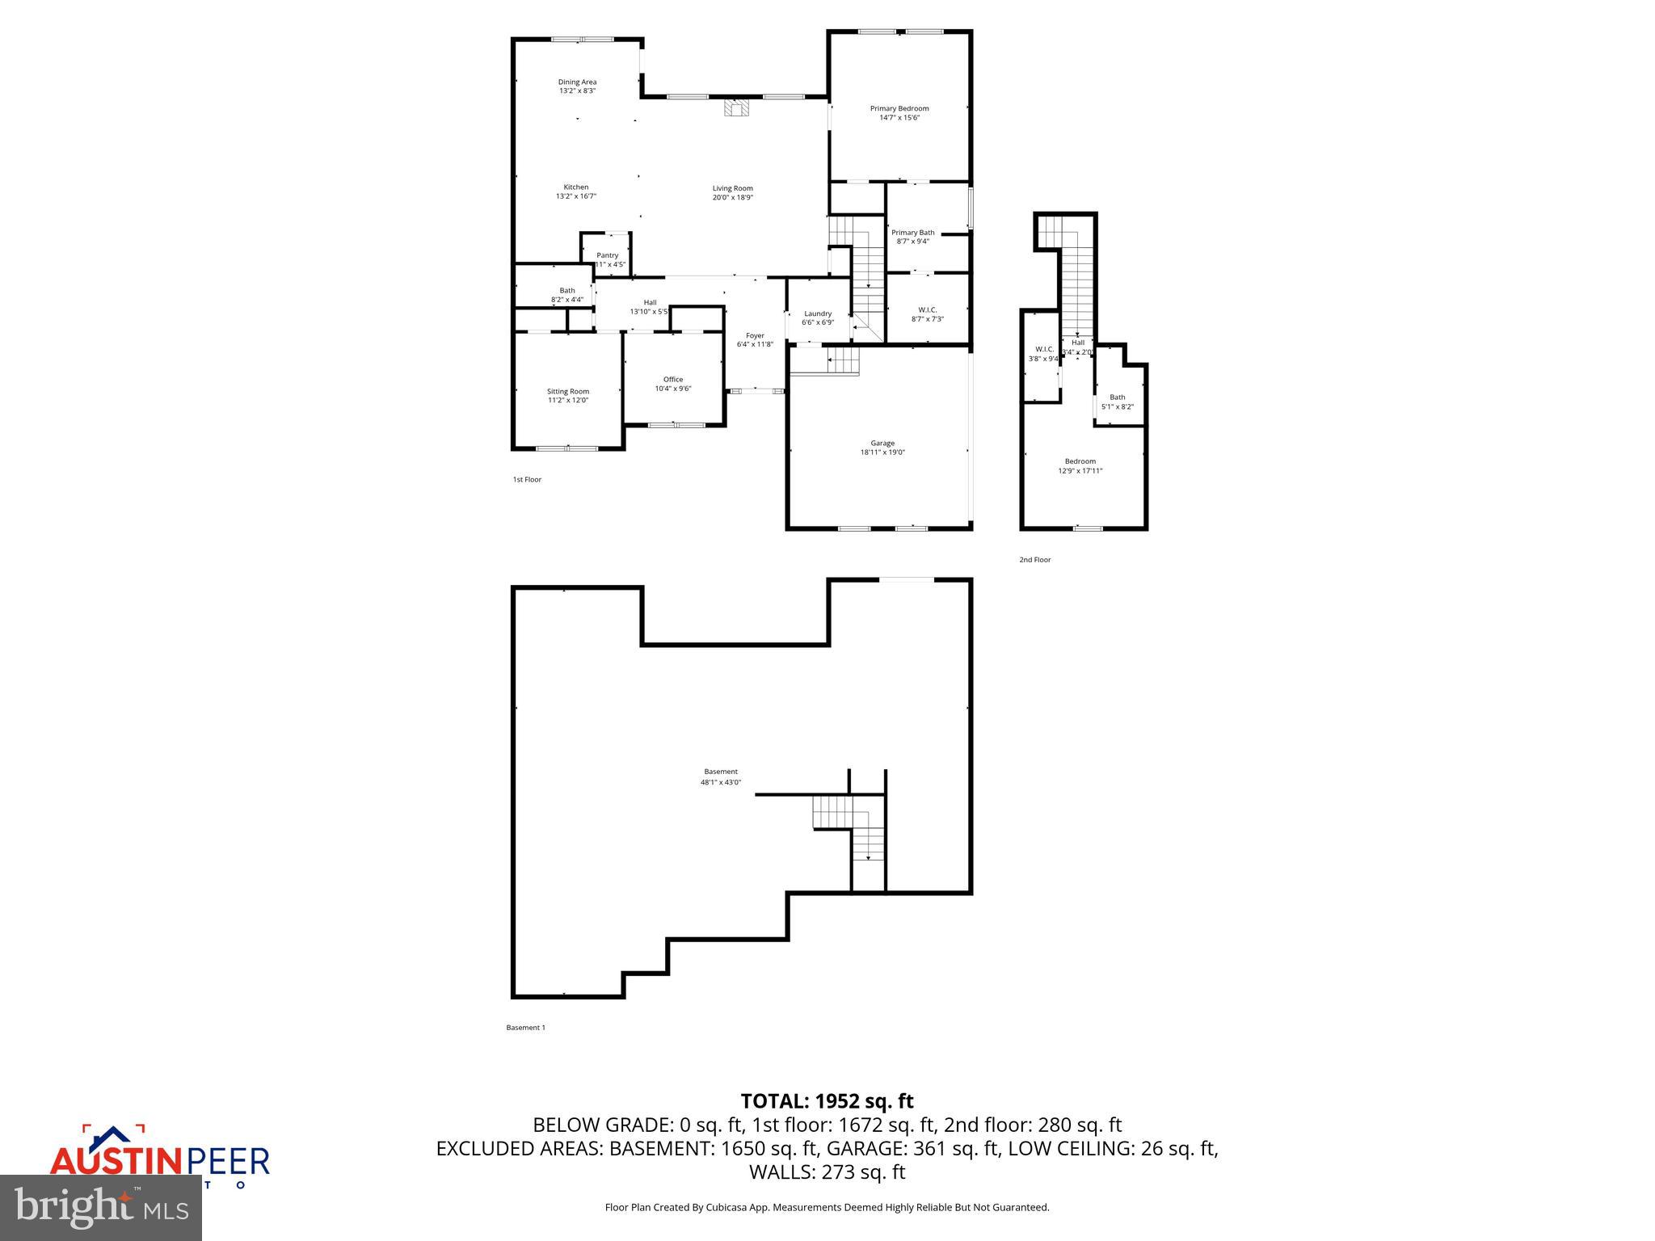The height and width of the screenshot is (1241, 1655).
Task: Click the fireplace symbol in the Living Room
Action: pos(736,108)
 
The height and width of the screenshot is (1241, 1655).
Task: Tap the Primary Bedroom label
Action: pos(899,108)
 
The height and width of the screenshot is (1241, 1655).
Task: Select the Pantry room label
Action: pos(607,255)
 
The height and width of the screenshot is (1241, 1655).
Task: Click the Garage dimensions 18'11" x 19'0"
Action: pos(882,452)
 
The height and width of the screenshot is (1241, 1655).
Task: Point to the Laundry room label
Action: pos(818,313)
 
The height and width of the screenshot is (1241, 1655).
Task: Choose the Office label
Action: pos(673,379)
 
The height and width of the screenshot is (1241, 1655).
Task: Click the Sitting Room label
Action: pos(568,391)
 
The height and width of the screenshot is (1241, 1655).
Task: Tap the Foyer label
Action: pos(755,335)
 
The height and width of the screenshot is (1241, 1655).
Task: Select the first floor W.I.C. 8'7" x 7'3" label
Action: pos(928,314)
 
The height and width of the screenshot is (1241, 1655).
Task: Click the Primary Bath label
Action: pos(912,233)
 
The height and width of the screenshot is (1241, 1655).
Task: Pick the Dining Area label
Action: pos(577,82)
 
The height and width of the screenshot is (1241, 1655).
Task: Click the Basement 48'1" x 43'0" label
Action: pos(720,776)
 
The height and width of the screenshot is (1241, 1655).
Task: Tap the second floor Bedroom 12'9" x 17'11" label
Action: pos(1080,465)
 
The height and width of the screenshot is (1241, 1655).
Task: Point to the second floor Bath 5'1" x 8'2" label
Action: pos(1117,402)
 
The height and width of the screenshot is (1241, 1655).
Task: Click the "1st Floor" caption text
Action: pos(527,480)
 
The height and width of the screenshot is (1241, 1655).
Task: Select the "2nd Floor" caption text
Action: pos(1034,559)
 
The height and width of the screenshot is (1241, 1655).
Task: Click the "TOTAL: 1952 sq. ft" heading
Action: pos(827,1100)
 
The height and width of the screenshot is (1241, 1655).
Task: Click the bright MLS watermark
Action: pos(101,1208)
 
